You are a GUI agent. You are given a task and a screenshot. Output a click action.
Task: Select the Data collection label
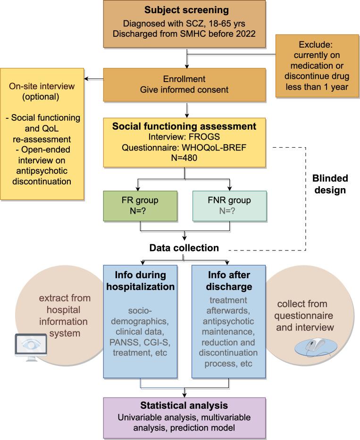[184, 248]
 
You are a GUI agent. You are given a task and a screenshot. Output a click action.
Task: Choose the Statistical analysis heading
[184, 406]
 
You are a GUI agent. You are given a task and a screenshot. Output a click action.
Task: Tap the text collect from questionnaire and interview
[309, 315]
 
